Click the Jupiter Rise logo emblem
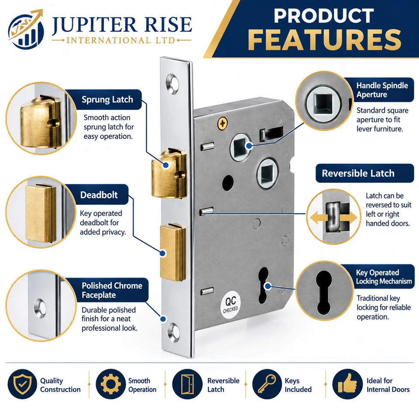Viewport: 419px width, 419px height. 25,29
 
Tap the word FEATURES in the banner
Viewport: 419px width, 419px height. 325,40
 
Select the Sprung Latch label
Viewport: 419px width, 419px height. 107,100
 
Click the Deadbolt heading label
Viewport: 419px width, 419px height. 99,195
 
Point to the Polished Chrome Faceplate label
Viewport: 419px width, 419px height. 112,290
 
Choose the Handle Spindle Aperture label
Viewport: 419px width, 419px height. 382,90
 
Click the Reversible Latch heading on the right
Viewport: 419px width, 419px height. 358,173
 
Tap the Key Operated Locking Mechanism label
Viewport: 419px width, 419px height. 384,277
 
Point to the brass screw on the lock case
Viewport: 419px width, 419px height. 223,124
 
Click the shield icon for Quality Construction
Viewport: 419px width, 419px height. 22,384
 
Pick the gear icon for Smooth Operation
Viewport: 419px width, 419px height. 110,384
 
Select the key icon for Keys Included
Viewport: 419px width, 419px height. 267,384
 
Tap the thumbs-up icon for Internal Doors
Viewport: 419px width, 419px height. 347,384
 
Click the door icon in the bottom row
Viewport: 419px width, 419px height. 187,384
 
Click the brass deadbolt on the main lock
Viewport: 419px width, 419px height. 173,253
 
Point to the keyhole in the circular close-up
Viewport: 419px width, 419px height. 324,292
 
